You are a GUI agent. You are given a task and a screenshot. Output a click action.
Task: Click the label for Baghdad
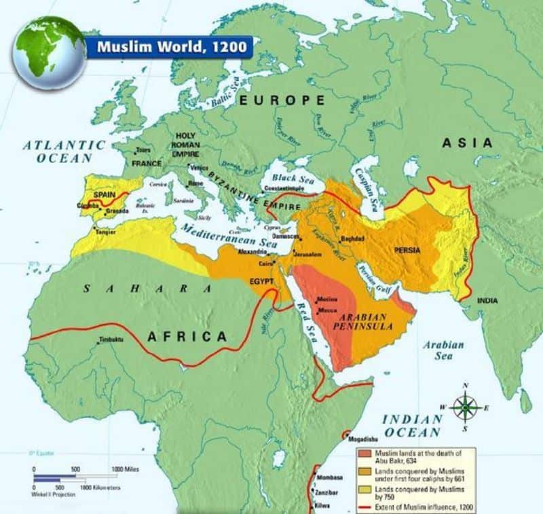[353, 239]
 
